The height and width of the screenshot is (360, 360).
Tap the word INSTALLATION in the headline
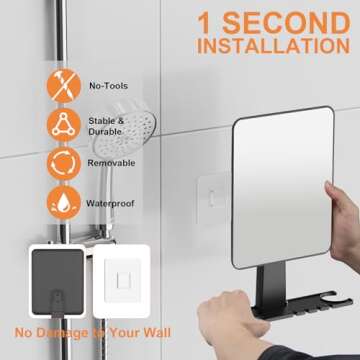[x=272, y=45]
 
